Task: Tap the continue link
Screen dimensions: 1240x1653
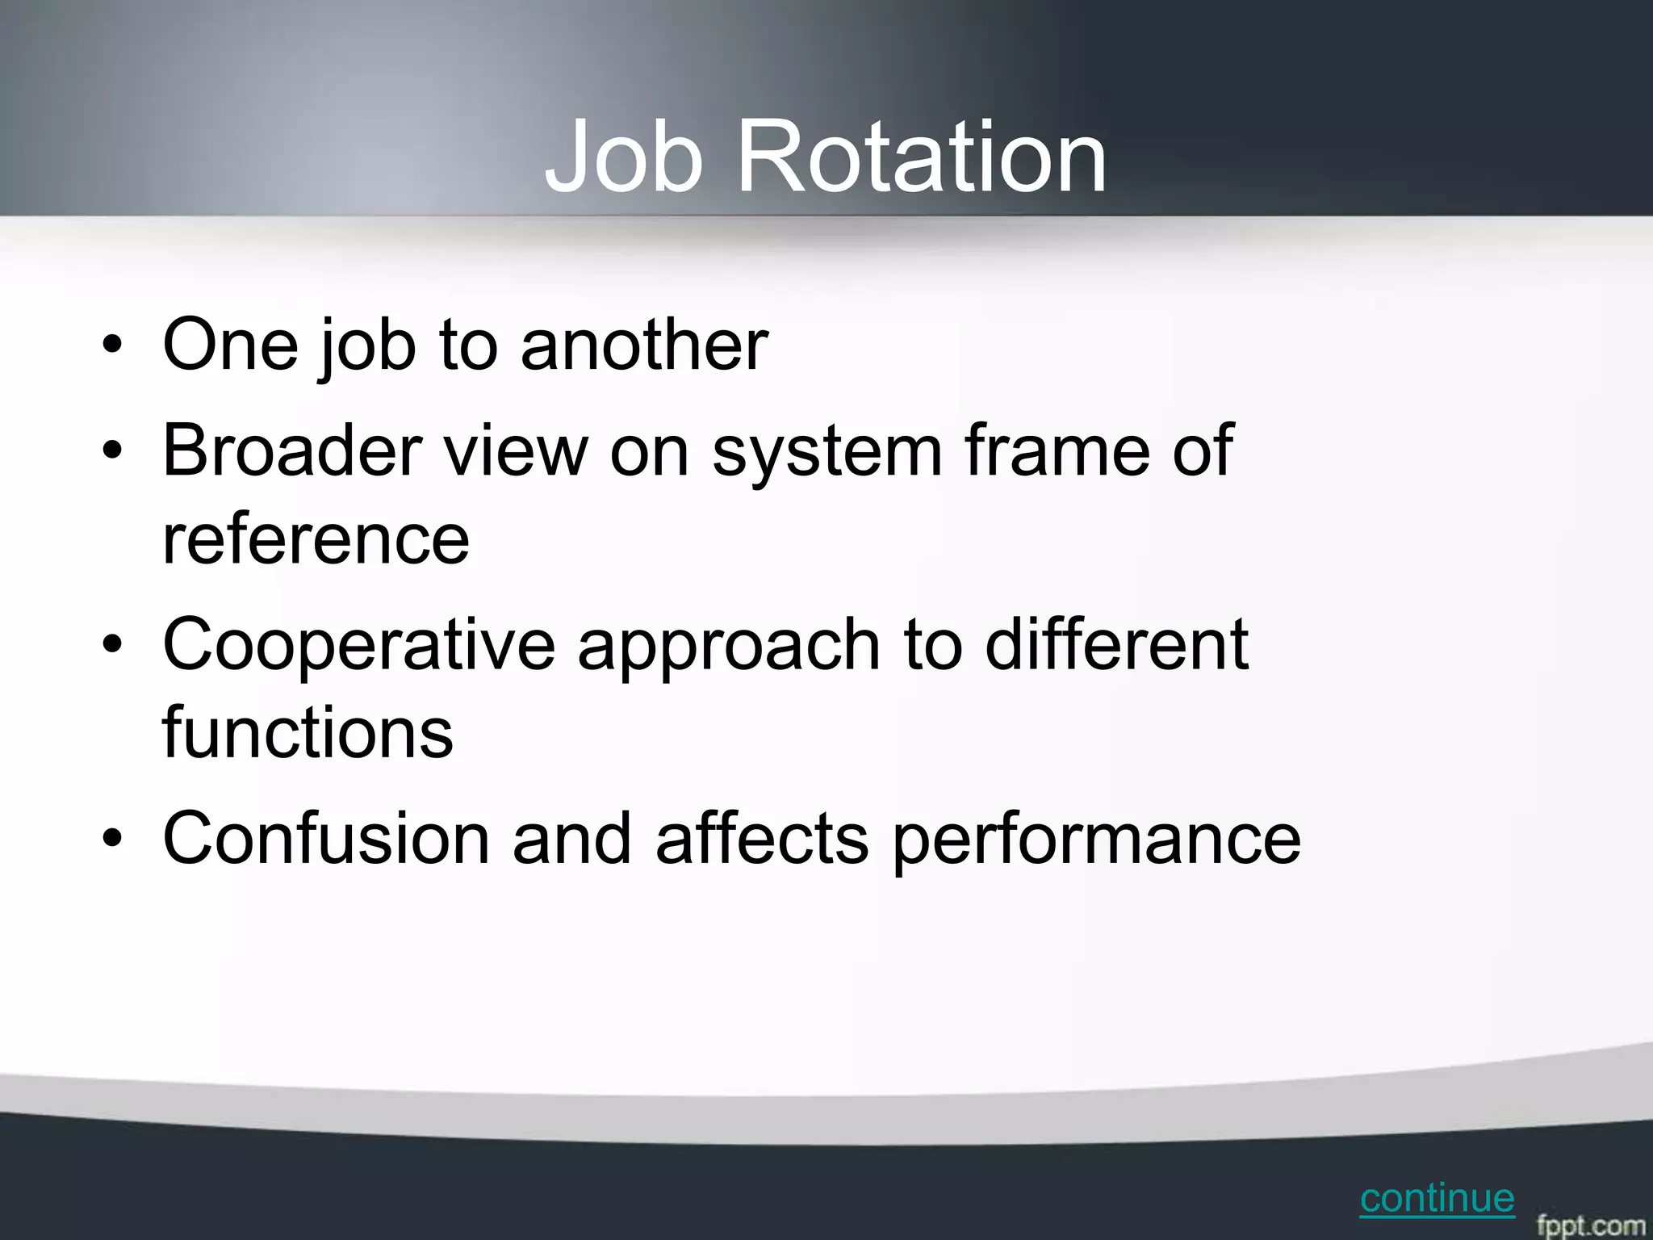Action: [1437, 1199]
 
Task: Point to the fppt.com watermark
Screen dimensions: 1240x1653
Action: [1589, 1224]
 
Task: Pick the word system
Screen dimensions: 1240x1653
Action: [826, 452]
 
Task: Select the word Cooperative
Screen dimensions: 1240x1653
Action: [358, 645]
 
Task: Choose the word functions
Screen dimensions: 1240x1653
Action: [308, 732]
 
